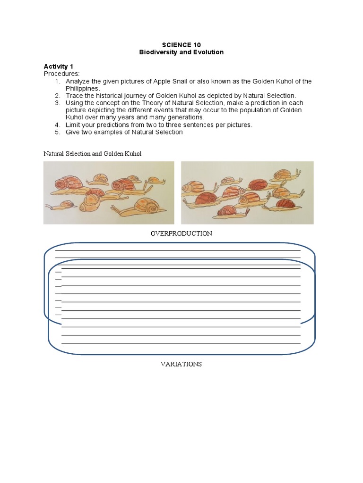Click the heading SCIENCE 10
pyautogui.click(x=181, y=45)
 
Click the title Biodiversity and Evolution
pyautogui.click(x=181, y=52)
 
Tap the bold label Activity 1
pyautogui.click(x=58, y=67)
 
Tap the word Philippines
pyautogui.click(x=82, y=88)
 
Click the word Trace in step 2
pyautogui.click(x=75, y=96)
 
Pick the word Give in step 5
pyautogui.click(x=73, y=132)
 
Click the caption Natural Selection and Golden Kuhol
pyautogui.click(x=93, y=154)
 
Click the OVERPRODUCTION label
pyautogui.click(x=181, y=233)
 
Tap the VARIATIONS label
pyautogui.click(x=181, y=364)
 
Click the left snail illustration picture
pyautogui.click(x=109, y=193)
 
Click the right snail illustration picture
pyautogui.click(x=247, y=193)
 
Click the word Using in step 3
pyautogui.click(x=74, y=103)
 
